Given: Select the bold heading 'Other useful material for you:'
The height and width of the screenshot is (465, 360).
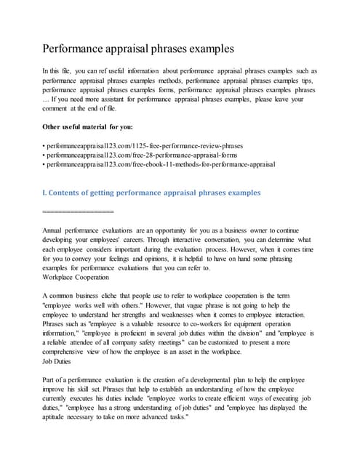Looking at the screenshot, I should tap(93, 126).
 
